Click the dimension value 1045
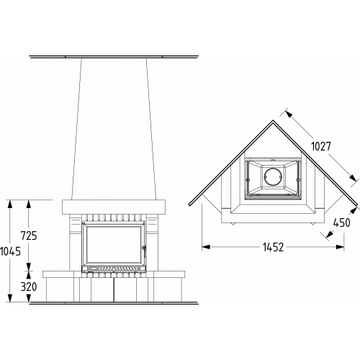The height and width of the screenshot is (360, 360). tap(10, 251)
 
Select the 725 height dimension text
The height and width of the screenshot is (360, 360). tap(29, 235)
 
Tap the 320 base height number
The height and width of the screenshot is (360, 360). tap(29, 287)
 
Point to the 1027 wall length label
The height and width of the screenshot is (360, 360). tap(321, 146)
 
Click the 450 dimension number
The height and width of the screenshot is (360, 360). tap(342, 222)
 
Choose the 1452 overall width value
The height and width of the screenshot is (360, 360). tap(273, 247)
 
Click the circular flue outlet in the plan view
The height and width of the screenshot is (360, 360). tap(273, 176)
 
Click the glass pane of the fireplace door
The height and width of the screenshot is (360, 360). tap(114, 244)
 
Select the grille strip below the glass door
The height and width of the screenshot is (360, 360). tap(114, 268)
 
